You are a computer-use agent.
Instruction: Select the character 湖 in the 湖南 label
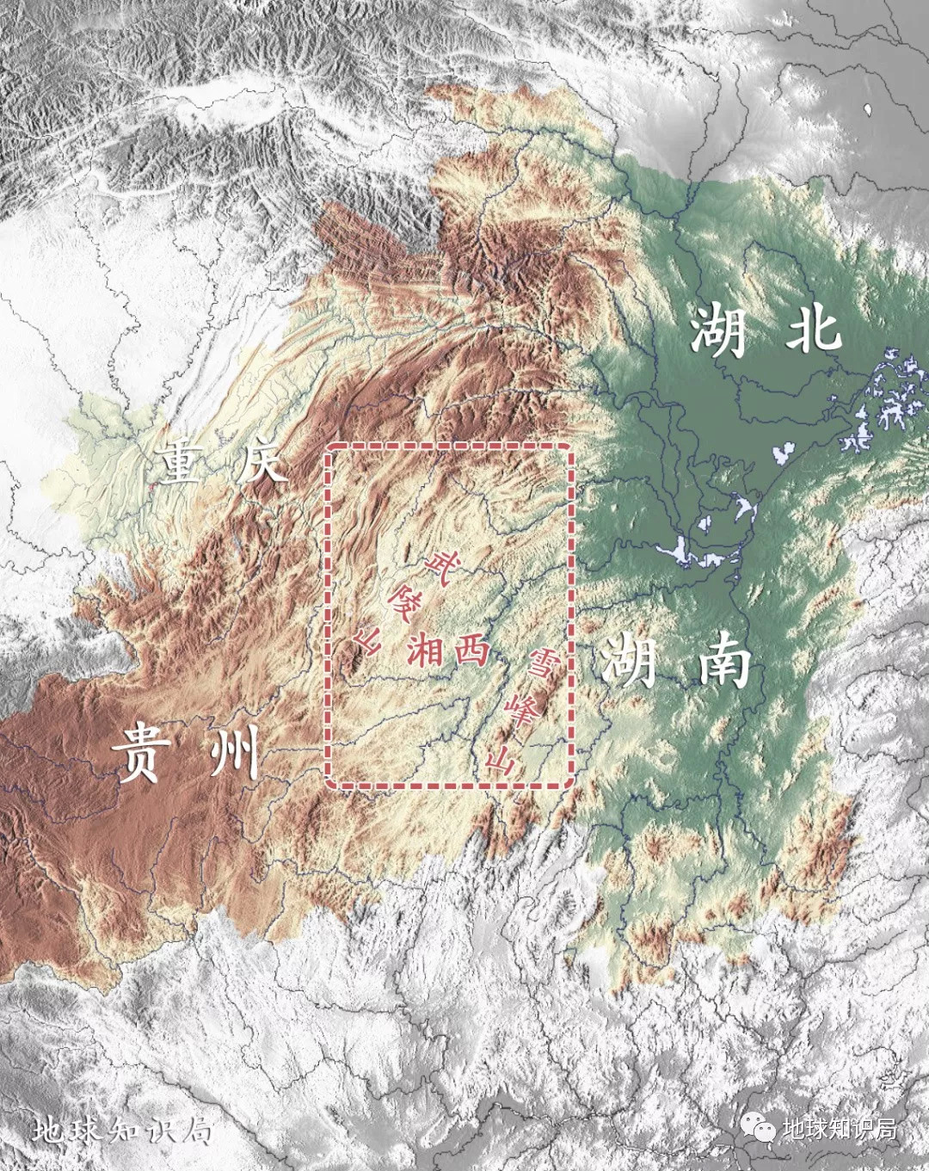[628, 659]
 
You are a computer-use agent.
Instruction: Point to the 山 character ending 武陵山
[366, 639]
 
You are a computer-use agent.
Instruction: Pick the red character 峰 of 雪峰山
[521, 712]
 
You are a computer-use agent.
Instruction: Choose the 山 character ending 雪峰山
[501, 761]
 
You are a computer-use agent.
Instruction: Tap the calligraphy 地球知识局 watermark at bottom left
[123, 1130]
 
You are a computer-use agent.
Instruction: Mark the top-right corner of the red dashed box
[571, 447]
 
